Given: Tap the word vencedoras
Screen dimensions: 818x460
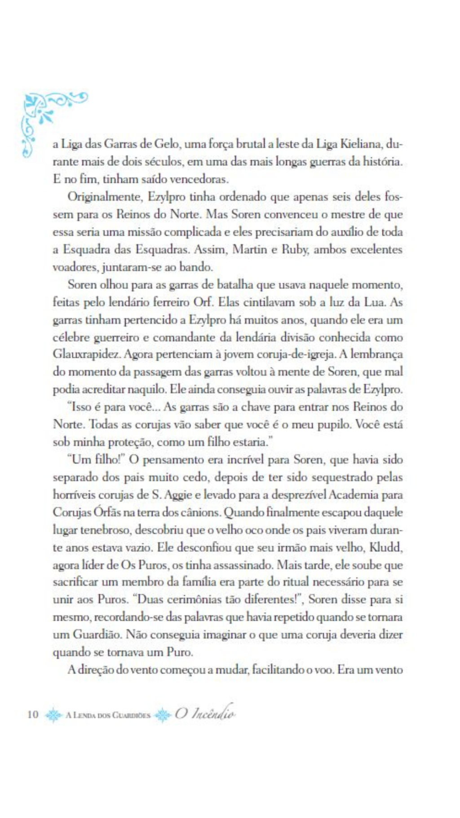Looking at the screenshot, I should click(x=199, y=179).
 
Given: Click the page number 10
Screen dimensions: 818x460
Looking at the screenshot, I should click(x=33, y=714).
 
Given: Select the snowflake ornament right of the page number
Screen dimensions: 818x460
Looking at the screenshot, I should click(x=53, y=715).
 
